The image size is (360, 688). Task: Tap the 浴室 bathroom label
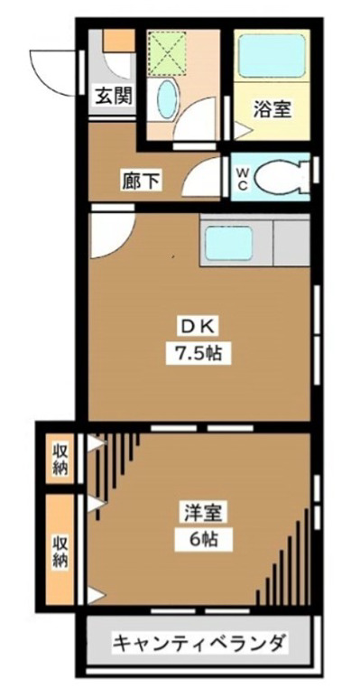click(x=272, y=110)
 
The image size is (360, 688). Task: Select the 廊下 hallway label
click(x=142, y=181)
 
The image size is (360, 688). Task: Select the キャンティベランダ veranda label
click(x=199, y=644)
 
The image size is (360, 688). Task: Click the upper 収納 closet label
click(x=60, y=459)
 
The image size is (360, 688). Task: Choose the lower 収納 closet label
click(x=60, y=551)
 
